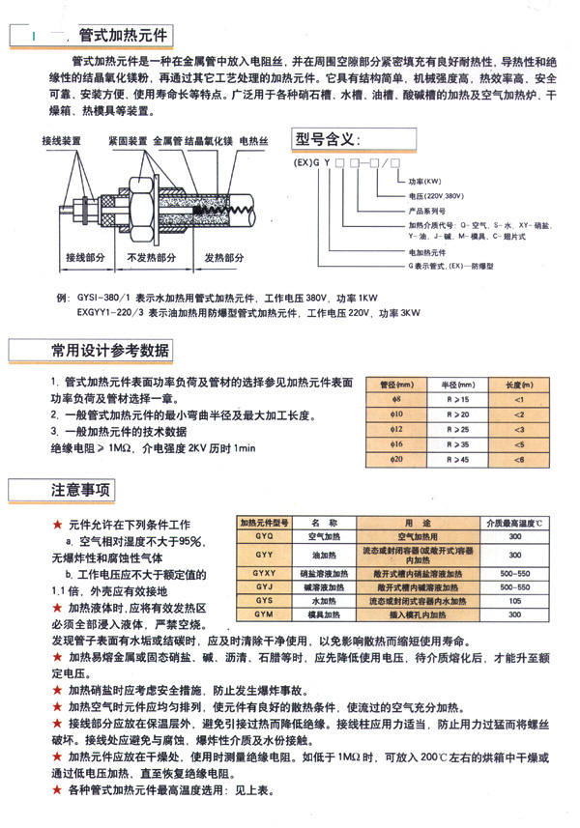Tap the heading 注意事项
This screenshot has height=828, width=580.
81,490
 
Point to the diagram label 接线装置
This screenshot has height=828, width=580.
61,141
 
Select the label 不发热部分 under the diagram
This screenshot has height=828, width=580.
152,259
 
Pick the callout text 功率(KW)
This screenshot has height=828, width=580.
424,180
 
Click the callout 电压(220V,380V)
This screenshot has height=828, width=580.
436,193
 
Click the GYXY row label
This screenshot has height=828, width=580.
264,572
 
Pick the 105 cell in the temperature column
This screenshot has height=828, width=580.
514,599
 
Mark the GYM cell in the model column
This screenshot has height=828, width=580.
264,613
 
